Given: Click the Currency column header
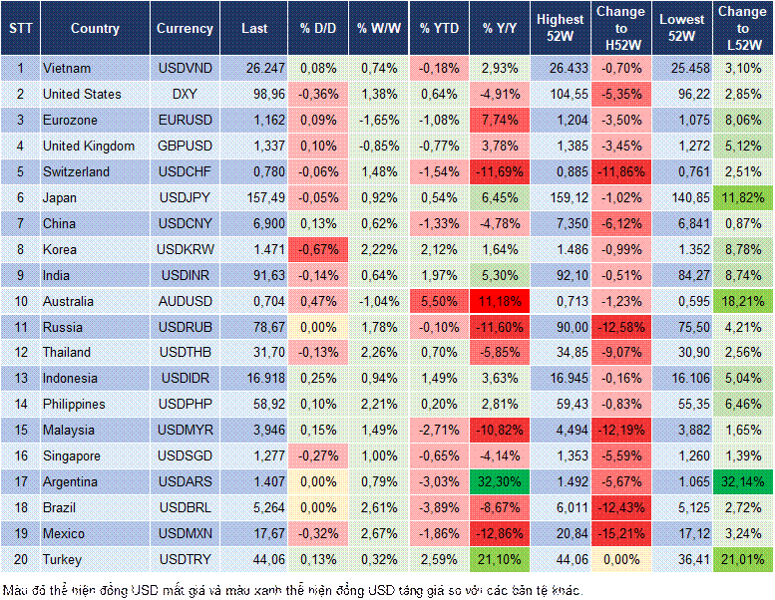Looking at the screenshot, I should pyautogui.click(x=185, y=29).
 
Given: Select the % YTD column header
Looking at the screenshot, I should pyautogui.click(x=439, y=29).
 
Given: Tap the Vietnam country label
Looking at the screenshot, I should pyautogui.click(x=67, y=68).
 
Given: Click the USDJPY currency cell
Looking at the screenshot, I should pyautogui.click(x=185, y=197).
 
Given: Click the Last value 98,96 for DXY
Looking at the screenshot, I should pyautogui.click(x=253, y=94).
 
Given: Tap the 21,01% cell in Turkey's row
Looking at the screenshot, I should pyautogui.click(x=744, y=559).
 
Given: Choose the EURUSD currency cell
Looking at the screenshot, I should pyautogui.click(x=185, y=120).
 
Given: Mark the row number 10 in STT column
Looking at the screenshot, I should pyautogui.click(x=20, y=301).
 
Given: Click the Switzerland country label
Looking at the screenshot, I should pyautogui.click(x=77, y=171).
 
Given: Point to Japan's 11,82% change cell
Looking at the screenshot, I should pyautogui.click(x=744, y=197).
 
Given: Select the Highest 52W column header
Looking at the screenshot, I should pyautogui.click(x=560, y=29).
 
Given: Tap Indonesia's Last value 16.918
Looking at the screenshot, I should pyautogui.click(x=253, y=379).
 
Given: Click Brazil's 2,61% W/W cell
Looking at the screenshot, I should pyautogui.click(x=377, y=507).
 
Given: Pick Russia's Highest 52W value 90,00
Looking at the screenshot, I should pyautogui.click(x=560, y=327).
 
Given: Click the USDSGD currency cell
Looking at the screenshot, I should pyautogui.click(x=185, y=455).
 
